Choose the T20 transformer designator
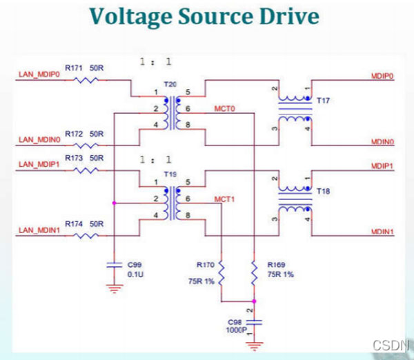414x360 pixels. pos(170,83)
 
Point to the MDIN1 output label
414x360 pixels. pos(382,232)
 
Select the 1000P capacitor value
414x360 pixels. pos(236,330)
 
